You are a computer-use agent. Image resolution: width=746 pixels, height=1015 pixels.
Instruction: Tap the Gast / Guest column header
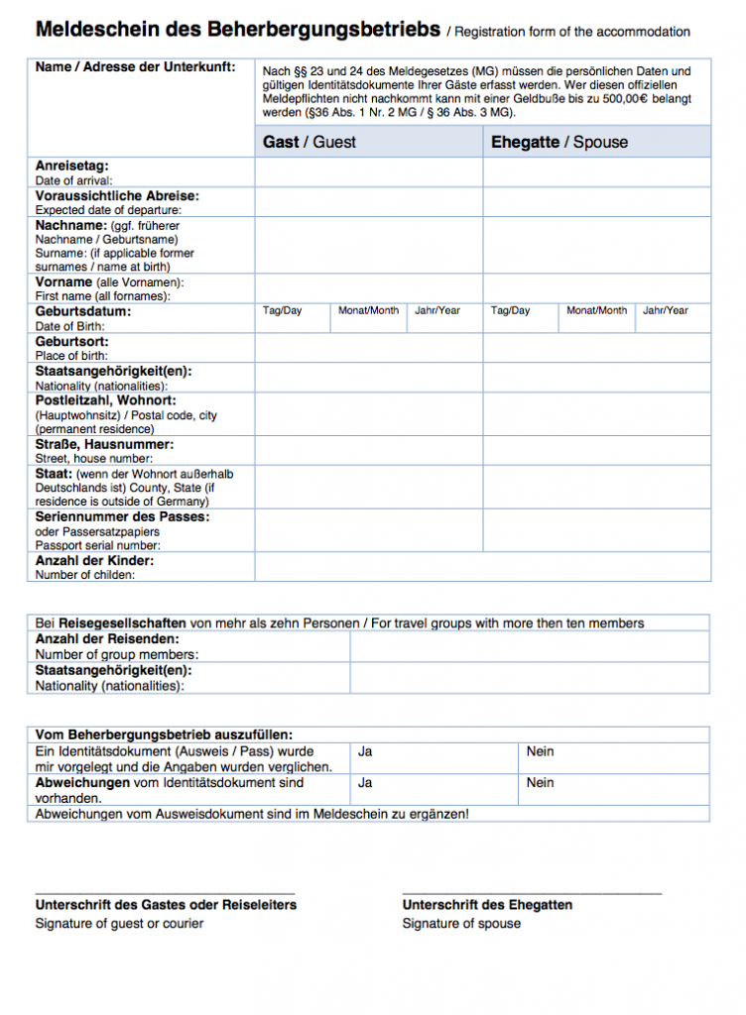click(x=309, y=143)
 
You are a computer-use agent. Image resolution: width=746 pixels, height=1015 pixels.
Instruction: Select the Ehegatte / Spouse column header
click(x=559, y=143)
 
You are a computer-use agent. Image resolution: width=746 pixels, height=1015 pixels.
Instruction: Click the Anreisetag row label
click(x=72, y=166)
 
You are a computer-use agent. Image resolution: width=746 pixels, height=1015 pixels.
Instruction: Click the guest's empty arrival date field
click(x=369, y=172)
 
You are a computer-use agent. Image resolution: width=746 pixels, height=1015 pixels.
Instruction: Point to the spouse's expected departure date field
click(x=597, y=202)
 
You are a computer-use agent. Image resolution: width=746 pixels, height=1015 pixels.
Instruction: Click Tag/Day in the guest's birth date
click(x=282, y=311)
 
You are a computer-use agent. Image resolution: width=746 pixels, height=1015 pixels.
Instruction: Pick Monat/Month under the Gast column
click(x=368, y=311)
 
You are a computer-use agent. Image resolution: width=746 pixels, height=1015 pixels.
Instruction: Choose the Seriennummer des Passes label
click(x=122, y=516)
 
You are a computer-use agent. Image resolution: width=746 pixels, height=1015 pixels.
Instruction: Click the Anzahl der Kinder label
click(x=94, y=561)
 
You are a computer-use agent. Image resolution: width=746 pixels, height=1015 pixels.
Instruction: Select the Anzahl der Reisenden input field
click(x=530, y=646)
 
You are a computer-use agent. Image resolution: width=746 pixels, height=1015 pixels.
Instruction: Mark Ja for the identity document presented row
click(x=365, y=752)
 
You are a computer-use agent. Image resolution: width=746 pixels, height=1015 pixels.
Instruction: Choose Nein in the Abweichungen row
click(x=541, y=783)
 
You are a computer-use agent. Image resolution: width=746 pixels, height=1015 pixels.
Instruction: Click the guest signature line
click(x=165, y=890)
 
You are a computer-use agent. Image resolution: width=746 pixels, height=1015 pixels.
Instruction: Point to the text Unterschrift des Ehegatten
click(x=487, y=905)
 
